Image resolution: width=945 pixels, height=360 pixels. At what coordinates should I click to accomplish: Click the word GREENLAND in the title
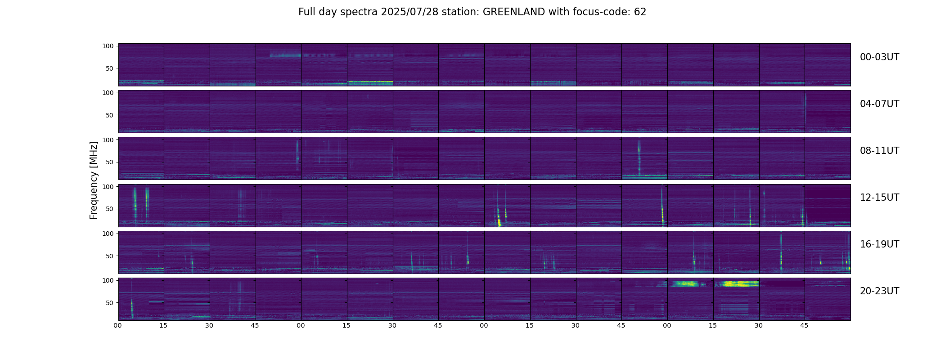click(514, 12)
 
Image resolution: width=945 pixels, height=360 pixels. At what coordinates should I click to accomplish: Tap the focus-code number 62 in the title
click(640, 12)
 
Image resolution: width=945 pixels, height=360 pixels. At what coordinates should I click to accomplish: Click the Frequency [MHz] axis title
click(94, 180)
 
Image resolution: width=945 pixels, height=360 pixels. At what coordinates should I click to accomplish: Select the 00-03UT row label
click(879, 57)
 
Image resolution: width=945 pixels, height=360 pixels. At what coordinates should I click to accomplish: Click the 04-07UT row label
click(879, 104)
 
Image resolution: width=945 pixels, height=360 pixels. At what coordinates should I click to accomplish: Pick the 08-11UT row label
click(879, 151)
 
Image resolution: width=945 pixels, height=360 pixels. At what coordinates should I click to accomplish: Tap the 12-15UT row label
click(879, 198)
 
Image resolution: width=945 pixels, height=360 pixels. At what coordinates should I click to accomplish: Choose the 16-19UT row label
click(879, 244)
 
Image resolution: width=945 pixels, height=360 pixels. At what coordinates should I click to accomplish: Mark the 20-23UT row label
click(879, 291)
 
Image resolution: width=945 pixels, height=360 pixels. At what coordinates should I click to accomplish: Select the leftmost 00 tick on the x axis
click(118, 325)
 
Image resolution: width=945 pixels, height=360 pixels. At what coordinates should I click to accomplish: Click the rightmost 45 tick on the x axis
click(805, 325)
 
